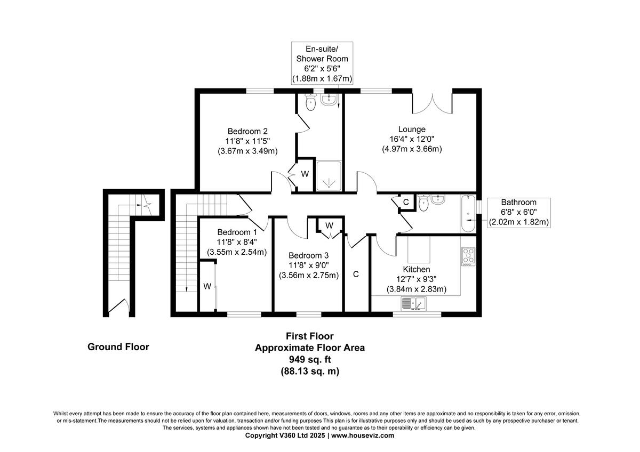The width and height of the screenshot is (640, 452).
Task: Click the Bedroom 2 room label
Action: coord(247,131)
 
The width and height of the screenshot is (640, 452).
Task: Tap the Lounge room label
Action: coord(412,129)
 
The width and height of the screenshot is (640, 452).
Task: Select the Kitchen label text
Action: coord(417,269)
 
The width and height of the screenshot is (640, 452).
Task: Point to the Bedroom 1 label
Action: coord(237,232)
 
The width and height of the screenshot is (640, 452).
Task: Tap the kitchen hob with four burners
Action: coord(468,257)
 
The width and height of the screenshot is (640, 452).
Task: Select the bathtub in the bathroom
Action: coord(468,214)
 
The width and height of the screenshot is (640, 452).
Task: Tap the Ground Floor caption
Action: coord(118,347)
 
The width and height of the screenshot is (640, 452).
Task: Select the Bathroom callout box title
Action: coord(518,203)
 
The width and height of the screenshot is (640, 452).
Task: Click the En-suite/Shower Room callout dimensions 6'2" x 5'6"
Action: coord(322,69)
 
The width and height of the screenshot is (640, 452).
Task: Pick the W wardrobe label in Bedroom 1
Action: coord(207,286)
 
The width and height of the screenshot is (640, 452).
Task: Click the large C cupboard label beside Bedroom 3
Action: coord(355,275)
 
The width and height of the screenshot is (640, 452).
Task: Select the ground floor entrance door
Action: coord(119,308)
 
